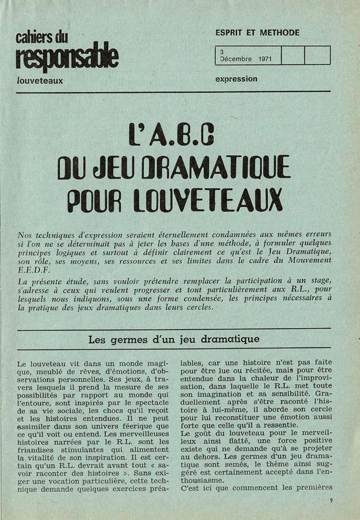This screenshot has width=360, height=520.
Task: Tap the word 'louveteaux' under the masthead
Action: tap(39, 81)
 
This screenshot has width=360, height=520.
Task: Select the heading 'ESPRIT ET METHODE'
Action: tap(257, 33)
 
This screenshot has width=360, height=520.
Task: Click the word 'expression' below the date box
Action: tap(236, 79)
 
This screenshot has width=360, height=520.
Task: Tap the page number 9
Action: tap(331, 499)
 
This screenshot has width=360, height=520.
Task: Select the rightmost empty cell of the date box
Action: tap(317, 55)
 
